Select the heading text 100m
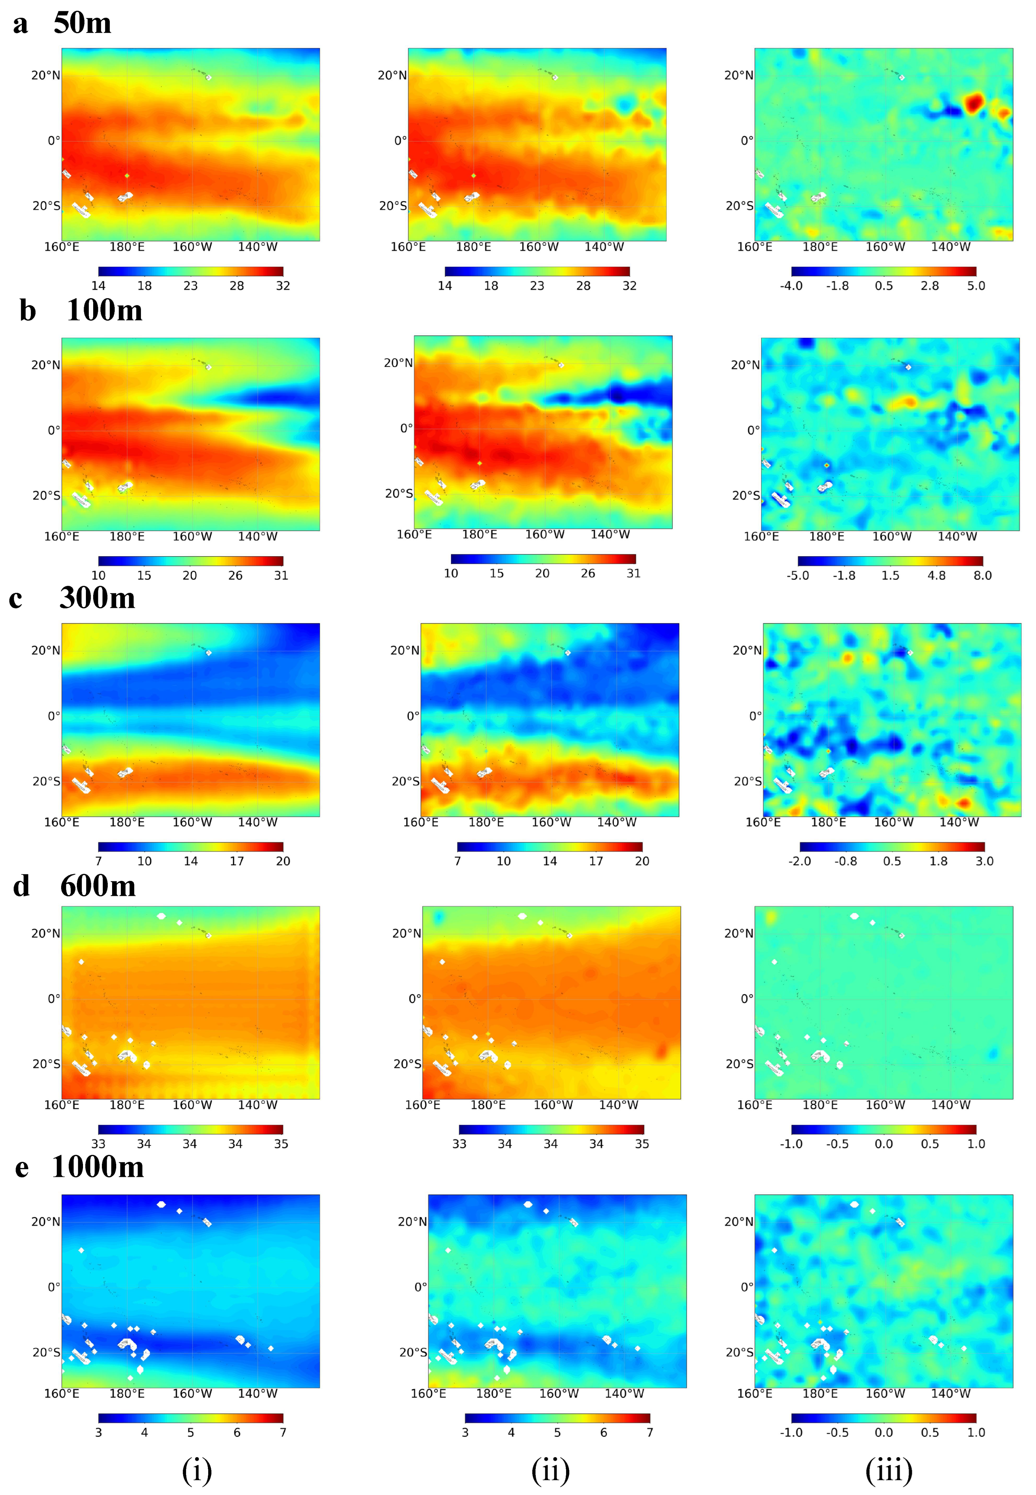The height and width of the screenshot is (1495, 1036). [104, 310]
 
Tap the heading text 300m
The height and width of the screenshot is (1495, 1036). [97, 597]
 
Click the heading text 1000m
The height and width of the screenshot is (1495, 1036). [98, 1167]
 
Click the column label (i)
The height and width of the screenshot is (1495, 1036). [197, 1470]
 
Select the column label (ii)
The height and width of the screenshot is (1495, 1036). [550, 1470]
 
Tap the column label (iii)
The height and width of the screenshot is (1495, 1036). [889, 1470]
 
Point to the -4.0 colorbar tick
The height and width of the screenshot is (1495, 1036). [791, 286]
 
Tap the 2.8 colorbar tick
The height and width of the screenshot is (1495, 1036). [930, 286]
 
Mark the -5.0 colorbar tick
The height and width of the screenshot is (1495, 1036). [798, 575]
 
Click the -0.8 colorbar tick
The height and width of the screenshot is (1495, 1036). [846, 861]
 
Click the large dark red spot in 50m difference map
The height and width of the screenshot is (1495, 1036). [974, 103]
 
